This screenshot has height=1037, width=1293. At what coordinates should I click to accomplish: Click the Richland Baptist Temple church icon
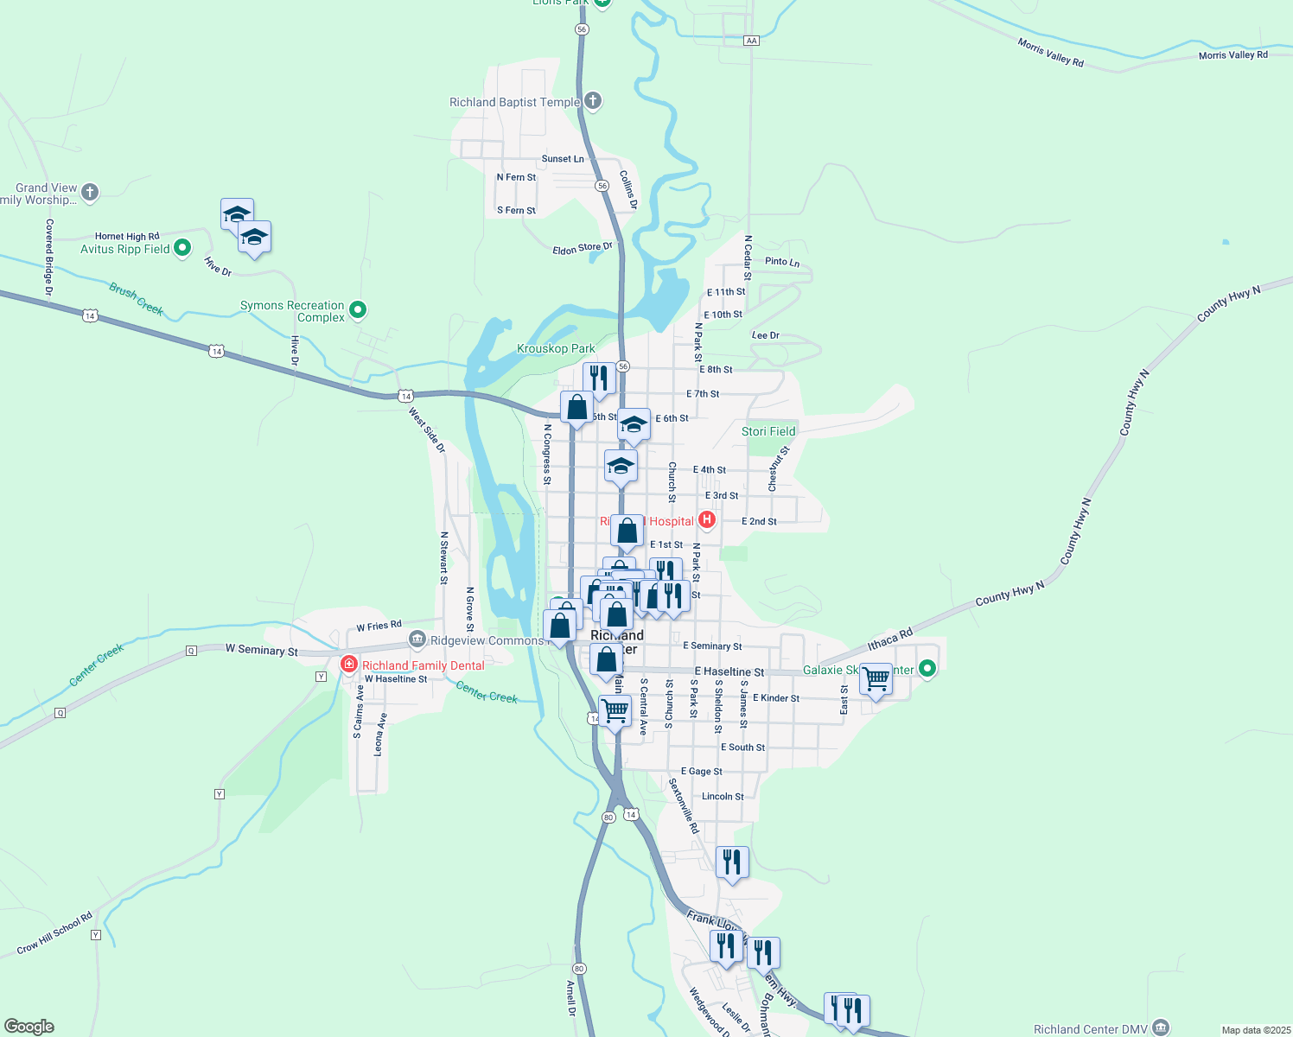point(593,101)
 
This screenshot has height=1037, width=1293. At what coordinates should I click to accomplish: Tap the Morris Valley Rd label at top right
point(1232,55)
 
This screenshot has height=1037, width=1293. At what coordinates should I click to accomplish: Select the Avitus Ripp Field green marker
point(182,249)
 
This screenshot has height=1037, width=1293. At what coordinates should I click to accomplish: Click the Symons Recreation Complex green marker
point(358,309)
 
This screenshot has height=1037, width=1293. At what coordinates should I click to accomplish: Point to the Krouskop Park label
point(556,349)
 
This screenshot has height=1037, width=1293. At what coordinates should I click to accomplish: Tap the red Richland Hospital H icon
point(707,520)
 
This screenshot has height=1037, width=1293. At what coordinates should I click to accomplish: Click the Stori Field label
point(768,431)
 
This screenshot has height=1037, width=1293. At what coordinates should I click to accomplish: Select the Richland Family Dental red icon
point(349,665)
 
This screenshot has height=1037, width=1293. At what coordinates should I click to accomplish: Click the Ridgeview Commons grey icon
point(417,639)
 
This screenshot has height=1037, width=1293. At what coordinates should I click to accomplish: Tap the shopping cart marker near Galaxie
point(876,679)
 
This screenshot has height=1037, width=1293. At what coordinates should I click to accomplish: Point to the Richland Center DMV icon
point(1161,1027)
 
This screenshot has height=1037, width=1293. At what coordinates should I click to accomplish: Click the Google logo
point(29,1027)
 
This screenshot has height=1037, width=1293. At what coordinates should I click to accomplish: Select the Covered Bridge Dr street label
point(49,258)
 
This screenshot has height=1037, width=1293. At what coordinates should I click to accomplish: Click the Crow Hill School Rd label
point(54,934)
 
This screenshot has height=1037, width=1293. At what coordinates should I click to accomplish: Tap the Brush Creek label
point(136,299)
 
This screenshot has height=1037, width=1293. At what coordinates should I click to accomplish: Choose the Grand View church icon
point(90,193)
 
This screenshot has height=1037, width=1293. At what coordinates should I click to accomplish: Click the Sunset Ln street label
point(563,159)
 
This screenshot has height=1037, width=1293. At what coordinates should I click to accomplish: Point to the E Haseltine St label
point(729,671)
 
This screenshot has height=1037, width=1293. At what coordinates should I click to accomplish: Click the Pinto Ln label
point(782,261)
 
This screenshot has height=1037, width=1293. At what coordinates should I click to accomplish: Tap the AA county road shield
point(751,41)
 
